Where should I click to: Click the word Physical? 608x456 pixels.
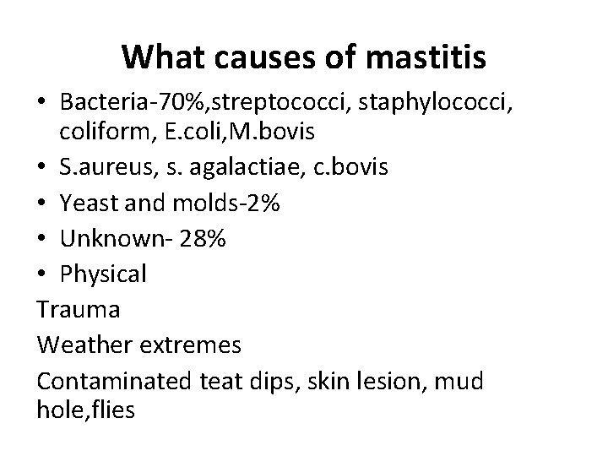tap(103, 274)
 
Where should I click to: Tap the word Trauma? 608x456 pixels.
tap(79, 310)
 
